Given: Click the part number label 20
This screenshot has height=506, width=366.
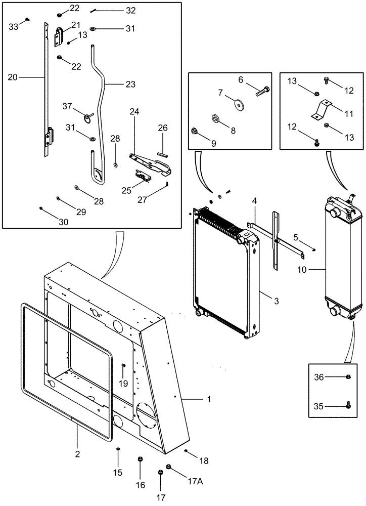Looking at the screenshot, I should [x=13, y=77].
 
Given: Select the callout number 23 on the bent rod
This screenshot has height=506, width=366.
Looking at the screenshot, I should [x=131, y=85].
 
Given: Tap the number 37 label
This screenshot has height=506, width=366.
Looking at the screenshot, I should [x=67, y=106].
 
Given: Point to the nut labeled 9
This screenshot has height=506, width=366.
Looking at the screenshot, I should [x=195, y=133].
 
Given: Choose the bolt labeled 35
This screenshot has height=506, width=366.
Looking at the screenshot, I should [x=348, y=404].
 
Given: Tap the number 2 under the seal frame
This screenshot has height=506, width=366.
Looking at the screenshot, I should [x=77, y=440].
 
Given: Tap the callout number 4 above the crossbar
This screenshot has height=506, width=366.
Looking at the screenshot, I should [x=255, y=201].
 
